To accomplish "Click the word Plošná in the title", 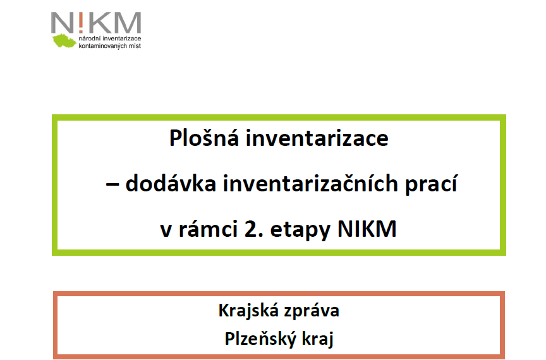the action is point(204,138).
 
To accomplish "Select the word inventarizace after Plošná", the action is point(317,138).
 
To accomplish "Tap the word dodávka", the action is point(171,184).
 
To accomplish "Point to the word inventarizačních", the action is point(310,183).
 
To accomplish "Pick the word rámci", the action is point(209,229).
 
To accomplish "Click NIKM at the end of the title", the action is point(367,229).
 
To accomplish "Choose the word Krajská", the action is point(248,311).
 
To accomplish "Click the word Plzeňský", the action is point(260,339).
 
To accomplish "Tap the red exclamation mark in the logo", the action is point(81,22).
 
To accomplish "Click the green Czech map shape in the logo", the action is point(64,40).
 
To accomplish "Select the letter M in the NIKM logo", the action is point(128,22).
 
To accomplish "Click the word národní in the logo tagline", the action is point(87,39).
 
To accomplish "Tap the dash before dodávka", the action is point(112,185).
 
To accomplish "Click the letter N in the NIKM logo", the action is point(63,22).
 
